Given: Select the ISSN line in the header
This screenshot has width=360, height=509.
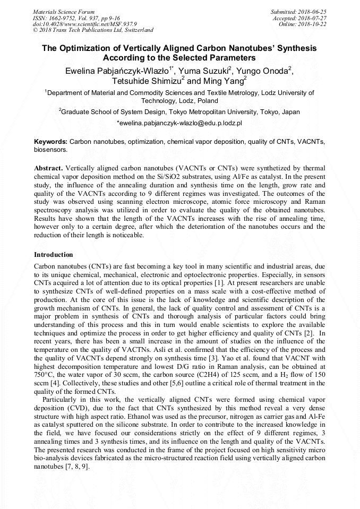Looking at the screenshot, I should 76,18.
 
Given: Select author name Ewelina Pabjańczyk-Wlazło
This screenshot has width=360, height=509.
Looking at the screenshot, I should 116,71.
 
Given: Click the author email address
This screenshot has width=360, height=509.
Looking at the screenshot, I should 179,123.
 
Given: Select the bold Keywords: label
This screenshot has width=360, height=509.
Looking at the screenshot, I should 50,142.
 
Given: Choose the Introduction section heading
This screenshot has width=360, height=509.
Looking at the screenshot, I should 53,255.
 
